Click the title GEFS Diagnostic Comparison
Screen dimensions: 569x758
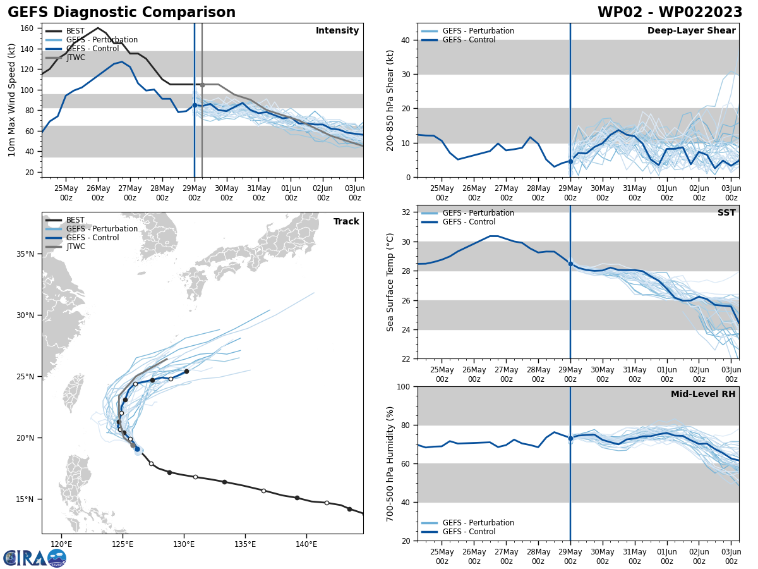click(x=121, y=13)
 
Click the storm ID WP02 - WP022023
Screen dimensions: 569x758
click(x=670, y=13)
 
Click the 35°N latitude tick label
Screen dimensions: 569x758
click(x=26, y=254)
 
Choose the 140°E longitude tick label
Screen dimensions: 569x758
click(x=306, y=544)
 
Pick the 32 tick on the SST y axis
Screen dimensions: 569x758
click(x=407, y=212)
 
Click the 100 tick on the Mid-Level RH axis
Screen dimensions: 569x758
click(x=404, y=386)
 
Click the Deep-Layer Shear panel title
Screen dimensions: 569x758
click(x=691, y=31)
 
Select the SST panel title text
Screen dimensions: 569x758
click(x=726, y=213)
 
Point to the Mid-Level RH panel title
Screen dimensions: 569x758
click(x=702, y=395)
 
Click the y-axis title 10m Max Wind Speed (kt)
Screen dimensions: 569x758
click(x=12, y=101)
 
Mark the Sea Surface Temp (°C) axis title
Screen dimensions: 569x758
click(x=390, y=282)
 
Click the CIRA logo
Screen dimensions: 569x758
click(x=35, y=558)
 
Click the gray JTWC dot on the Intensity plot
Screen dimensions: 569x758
click(x=202, y=85)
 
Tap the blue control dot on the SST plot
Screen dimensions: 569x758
click(x=570, y=264)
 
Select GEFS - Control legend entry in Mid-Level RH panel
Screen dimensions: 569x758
click(x=469, y=532)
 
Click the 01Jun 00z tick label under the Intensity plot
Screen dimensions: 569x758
click(x=291, y=192)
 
